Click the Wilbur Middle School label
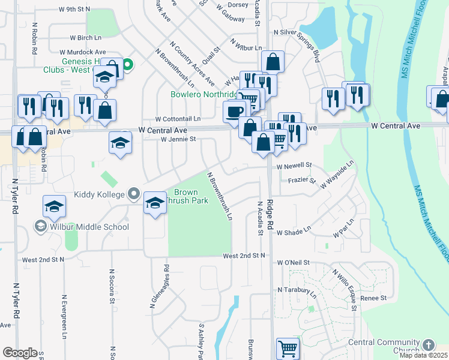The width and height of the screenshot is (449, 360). pyautogui.click(x=89, y=227)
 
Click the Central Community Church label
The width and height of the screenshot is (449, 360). pyautogui.click(x=388, y=346)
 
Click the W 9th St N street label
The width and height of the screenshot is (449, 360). pyautogui.click(x=74, y=10)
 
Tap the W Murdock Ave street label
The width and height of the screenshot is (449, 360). pyautogui.click(x=83, y=53)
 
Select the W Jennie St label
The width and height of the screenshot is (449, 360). pyautogui.click(x=178, y=139)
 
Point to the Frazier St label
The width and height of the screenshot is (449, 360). pyautogui.click(x=302, y=179)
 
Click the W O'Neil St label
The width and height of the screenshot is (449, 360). pyautogui.click(x=293, y=263)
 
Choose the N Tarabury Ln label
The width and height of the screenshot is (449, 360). pyautogui.click(x=297, y=291)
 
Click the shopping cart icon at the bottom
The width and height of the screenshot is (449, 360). pyautogui.click(x=288, y=348)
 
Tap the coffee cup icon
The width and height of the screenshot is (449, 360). pyautogui.click(x=235, y=110)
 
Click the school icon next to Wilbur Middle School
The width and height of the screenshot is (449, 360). pyautogui.click(x=55, y=207)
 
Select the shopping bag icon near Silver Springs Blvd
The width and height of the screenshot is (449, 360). pyautogui.click(x=273, y=61)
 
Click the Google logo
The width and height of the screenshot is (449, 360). pyautogui.click(x=19, y=353)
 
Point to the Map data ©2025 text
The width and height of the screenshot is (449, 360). pyautogui.click(x=424, y=355)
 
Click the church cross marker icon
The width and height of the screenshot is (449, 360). pyautogui.click(x=428, y=345)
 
